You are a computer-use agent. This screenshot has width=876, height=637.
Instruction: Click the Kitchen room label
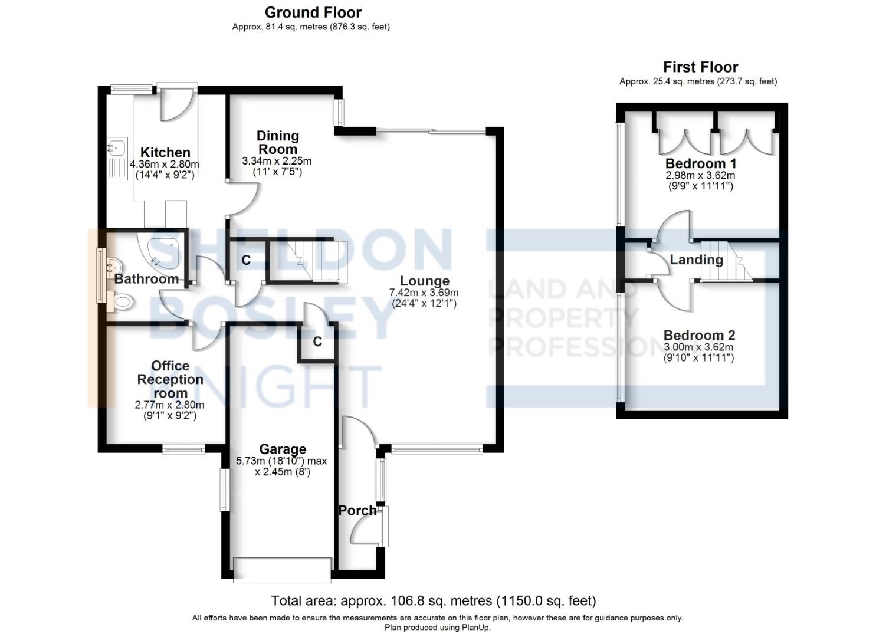click(165, 153)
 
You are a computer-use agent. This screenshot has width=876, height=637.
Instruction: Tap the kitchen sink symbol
click(116, 146)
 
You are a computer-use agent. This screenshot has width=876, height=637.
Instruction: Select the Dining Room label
click(278, 143)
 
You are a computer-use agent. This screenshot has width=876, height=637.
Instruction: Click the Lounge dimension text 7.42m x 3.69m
click(424, 293)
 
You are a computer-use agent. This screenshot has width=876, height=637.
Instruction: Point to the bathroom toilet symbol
click(123, 303)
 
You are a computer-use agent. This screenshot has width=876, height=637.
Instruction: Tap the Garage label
click(282, 450)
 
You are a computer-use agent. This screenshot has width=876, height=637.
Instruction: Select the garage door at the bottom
click(282, 569)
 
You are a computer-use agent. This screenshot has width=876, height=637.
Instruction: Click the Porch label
click(357, 511)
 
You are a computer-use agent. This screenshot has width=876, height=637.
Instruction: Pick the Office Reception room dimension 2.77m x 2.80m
click(170, 405)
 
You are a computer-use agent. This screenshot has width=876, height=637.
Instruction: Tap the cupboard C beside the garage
click(317, 342)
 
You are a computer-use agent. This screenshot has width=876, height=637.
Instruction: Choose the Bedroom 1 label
click(700, 163)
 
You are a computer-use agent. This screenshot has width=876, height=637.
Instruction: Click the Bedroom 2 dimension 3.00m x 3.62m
click(699, 347)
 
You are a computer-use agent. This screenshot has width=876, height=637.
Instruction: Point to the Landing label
click(696, 260)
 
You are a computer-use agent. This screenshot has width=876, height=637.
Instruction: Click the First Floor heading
click(700, 67)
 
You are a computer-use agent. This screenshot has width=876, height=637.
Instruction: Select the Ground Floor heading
click(313, 12)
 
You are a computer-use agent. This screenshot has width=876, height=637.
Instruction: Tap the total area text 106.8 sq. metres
click(433, 601)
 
